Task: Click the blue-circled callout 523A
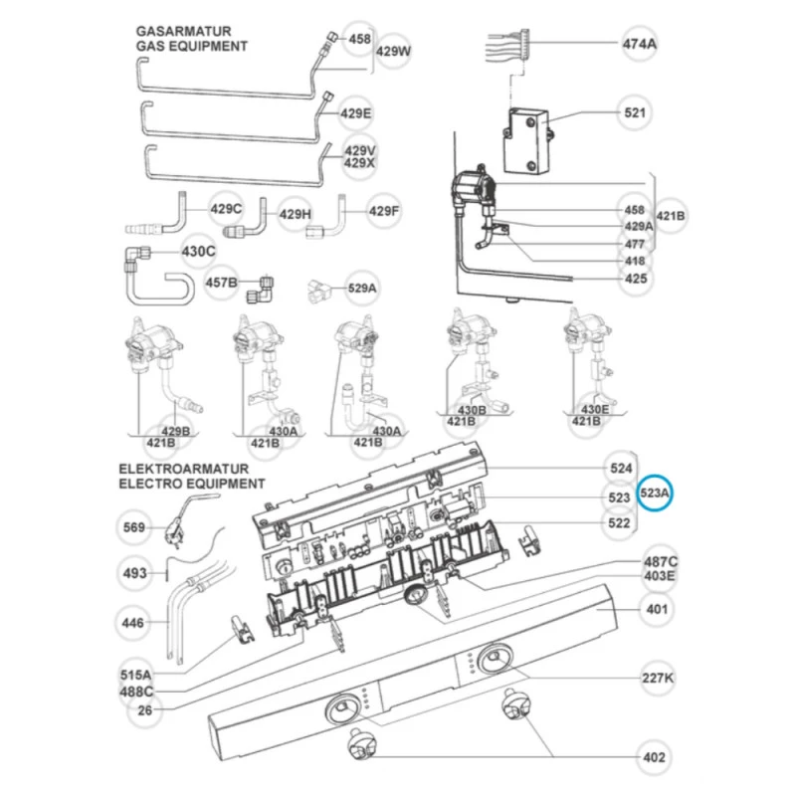656,492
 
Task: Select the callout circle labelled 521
635,112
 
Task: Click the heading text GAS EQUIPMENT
192,47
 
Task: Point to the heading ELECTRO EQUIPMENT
192,484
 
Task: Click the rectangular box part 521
527,139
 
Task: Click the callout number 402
654,758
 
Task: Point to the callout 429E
355,113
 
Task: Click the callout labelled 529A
362,288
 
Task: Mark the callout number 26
145,710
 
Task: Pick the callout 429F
383,211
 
